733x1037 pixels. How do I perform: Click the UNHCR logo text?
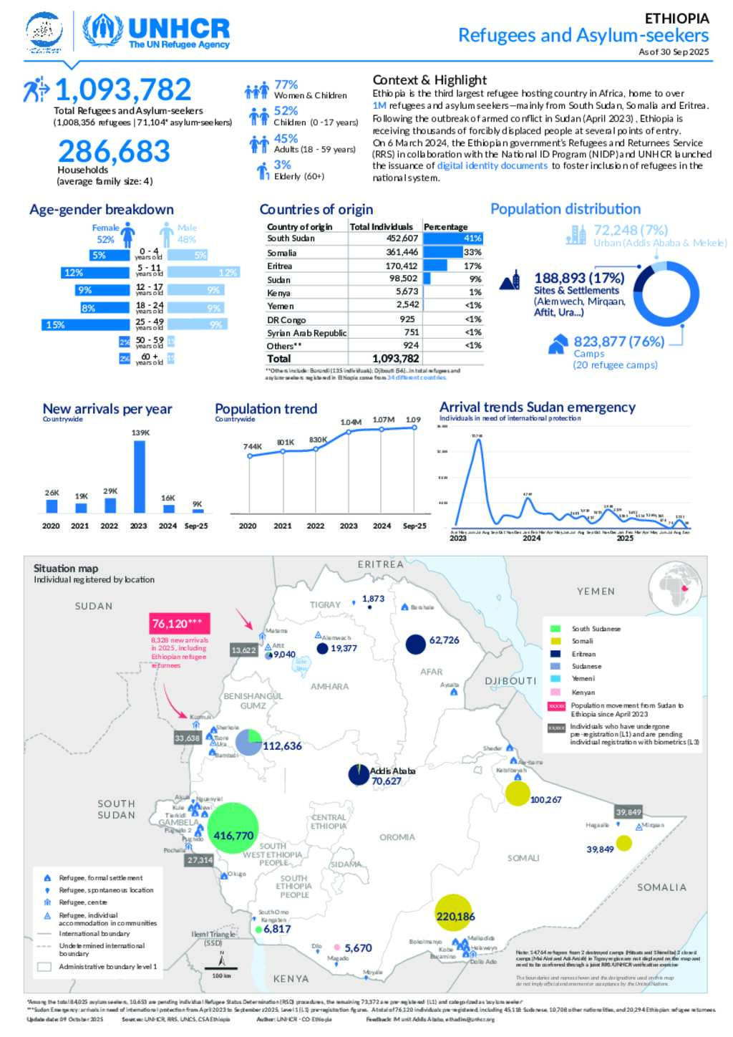coord(178,29)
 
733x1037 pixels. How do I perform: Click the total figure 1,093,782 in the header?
coord(123,90)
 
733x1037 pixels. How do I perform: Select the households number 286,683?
coord(115,151)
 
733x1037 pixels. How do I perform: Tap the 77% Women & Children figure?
coord(286,85)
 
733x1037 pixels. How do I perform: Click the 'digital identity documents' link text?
coord(492,165)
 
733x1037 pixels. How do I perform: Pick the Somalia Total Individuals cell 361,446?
coord(402,252)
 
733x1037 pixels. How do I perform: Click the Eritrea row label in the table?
coord(280,266)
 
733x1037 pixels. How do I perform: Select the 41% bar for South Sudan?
coord(453,238)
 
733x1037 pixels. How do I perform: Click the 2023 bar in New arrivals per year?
coord(140,476)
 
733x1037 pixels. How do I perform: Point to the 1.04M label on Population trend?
coord(351,423)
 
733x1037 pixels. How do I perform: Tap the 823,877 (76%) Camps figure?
coord(619,342)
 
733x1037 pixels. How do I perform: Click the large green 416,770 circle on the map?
coord(233,828)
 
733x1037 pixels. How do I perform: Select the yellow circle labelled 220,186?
coord(454,913)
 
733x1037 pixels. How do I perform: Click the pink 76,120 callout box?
coord(179,623)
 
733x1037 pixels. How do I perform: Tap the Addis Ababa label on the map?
coord(393,771)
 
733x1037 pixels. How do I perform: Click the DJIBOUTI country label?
coord(511,681)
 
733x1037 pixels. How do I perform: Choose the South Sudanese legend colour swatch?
coord(555,629)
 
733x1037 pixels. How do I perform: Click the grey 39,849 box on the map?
coord(628,811)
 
